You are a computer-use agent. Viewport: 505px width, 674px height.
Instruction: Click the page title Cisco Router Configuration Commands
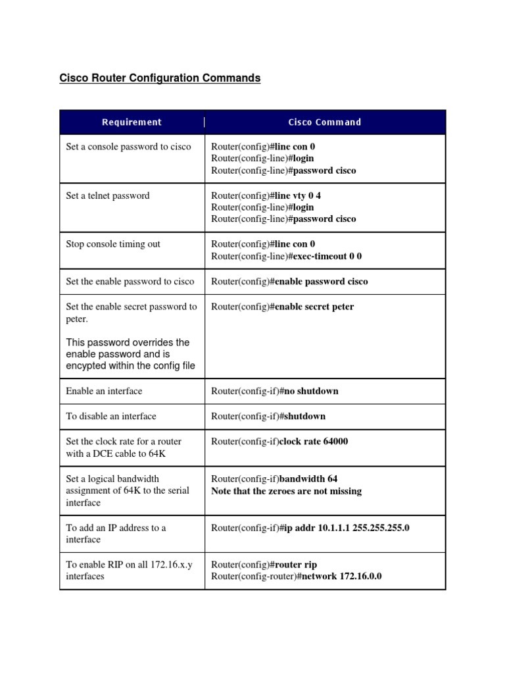160,78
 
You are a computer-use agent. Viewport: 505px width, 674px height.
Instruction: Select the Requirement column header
132,122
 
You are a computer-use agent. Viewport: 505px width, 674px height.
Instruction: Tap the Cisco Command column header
324,122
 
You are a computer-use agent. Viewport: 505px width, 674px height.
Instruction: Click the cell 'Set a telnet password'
107,195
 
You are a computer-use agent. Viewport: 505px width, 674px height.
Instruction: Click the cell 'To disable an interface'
110,416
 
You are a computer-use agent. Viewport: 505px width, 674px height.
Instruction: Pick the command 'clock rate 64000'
314,442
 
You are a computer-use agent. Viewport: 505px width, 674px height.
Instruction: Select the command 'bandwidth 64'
308,479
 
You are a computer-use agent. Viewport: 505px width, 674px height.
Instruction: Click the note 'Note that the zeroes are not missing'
286,491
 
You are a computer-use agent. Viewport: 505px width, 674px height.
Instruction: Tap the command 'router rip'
296,564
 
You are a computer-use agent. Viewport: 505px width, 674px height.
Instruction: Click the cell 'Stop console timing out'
112,244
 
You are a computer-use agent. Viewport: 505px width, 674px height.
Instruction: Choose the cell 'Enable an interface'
104,391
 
